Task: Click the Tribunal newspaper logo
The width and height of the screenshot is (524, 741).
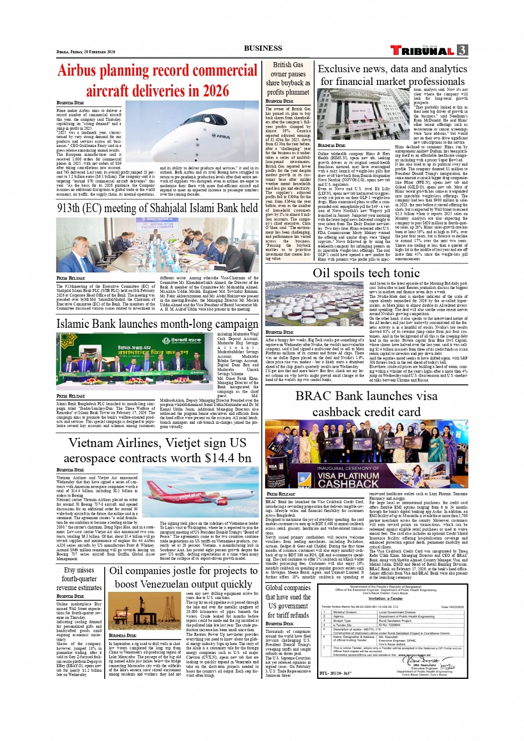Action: tap(422, 50)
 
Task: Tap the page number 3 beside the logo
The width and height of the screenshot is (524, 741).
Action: tap(462, 50)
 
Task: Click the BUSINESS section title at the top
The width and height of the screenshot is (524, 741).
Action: tap(263, 48)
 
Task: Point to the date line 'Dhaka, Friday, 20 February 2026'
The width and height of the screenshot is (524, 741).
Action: tap(85, 52)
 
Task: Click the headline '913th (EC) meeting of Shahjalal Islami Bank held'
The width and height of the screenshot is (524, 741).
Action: tap(157, 209)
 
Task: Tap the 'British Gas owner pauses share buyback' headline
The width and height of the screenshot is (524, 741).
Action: tap(288, 78)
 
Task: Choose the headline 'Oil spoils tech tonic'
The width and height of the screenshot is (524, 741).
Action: tap(366, 273)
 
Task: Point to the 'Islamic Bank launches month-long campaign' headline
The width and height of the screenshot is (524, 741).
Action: tap(157, 324)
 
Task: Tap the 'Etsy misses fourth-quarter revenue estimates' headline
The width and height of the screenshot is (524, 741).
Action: tap(79, 578)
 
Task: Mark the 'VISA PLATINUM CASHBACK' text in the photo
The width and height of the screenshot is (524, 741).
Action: tap(348, 480)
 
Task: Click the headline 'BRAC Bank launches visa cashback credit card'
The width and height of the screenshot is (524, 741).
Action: tap(366, 404)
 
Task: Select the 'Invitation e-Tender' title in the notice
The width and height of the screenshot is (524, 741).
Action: tap(385, 598)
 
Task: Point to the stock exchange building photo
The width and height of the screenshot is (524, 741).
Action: tap(354, 114)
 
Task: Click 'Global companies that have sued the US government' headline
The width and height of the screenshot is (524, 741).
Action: tap(288, 601)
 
